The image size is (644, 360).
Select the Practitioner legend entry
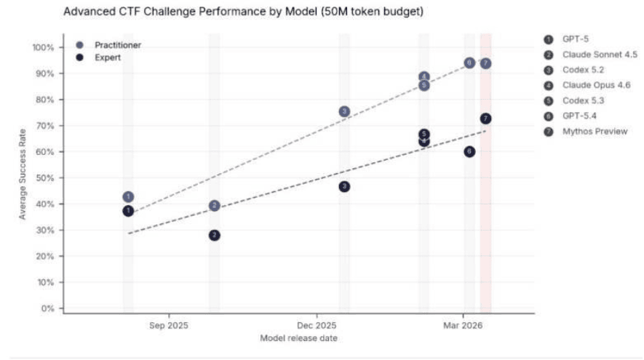click(118, 45)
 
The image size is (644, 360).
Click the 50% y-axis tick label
click(45, 178)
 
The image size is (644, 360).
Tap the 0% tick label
click(47, 308)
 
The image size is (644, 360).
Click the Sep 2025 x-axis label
click(169, 325)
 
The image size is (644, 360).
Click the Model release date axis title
click(298, 338)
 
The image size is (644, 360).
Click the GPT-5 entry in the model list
click(576, 39)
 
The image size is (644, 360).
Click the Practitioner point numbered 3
click(344, 111)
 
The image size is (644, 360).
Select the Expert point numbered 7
click(485, 119)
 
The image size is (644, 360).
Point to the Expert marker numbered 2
click(214, 235)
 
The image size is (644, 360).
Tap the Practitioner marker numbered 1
click(128, 197)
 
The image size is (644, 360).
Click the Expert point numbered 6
click(469, 151)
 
